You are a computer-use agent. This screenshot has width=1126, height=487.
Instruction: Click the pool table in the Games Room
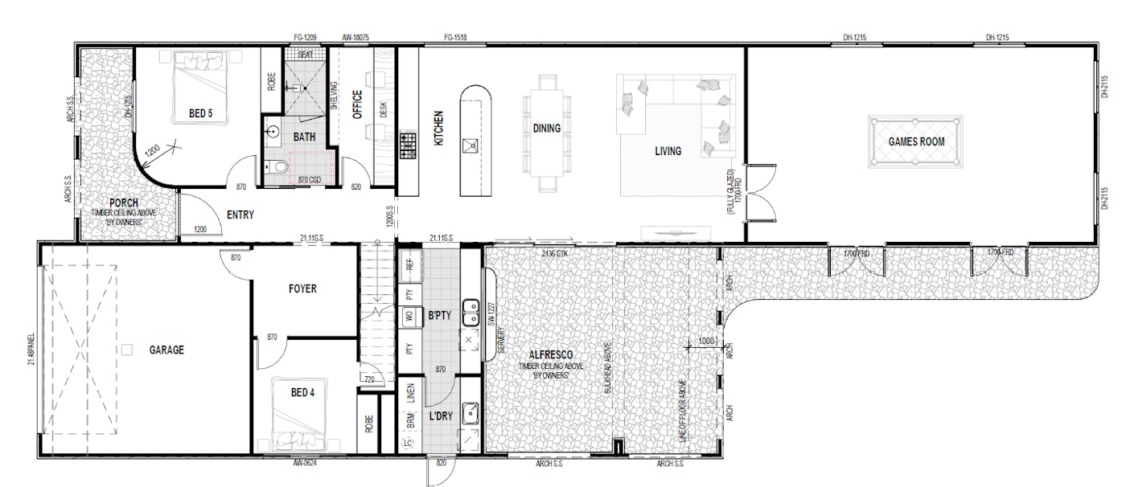click(915, 141)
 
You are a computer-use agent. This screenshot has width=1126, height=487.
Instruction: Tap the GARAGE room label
click(166, 350)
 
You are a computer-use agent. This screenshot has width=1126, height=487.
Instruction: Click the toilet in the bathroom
click(279, 166)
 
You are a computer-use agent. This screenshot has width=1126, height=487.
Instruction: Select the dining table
click(546, 130)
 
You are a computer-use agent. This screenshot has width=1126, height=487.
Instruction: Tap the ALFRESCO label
click(550, 354)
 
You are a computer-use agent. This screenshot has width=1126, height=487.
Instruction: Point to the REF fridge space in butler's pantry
click(409, 263)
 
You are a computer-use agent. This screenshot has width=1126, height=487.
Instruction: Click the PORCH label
click(124, 203)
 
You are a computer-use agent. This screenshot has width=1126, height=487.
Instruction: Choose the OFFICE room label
click(357, 104)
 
